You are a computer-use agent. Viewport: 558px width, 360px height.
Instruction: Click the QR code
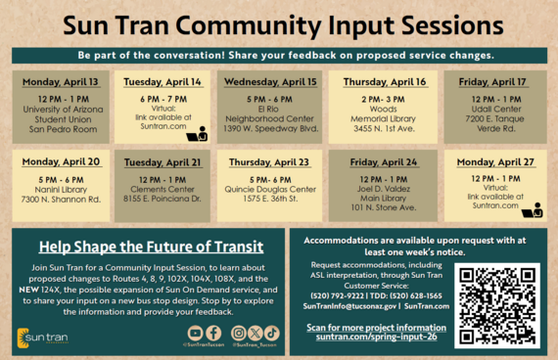497,305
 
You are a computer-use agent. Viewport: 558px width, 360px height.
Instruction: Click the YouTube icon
195,334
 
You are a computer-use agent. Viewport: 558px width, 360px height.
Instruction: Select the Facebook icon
212,334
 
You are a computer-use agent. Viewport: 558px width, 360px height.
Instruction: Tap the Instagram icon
239,334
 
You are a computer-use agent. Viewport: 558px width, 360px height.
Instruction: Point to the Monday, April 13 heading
60,82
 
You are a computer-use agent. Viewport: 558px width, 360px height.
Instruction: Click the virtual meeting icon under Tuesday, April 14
197,133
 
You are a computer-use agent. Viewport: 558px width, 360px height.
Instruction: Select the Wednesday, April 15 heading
269,82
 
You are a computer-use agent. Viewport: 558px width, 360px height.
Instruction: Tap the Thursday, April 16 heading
384,82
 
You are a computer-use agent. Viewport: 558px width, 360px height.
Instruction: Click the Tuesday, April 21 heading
163,161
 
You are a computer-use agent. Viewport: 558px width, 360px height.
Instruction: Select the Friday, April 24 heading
384,161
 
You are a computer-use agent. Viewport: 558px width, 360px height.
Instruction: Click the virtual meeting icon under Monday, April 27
533,210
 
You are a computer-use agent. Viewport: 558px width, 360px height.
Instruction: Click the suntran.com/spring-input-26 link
376,337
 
